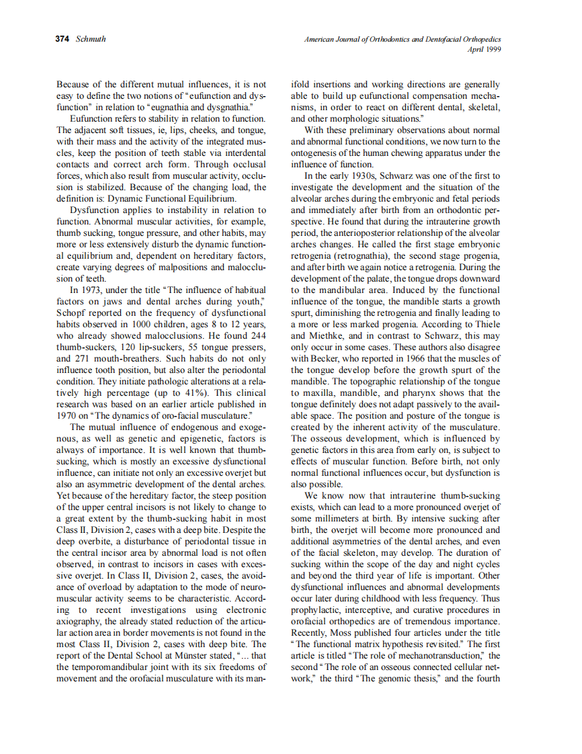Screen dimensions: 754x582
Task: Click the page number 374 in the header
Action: [x=63, y=39]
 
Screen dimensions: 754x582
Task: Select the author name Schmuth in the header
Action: [x=91, y=39]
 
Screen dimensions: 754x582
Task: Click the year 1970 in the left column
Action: [x=67, y=415]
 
